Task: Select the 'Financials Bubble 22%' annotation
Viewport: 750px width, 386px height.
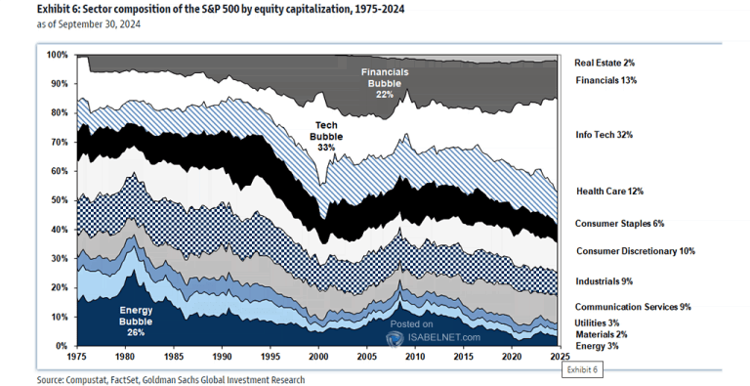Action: tap(385, 82)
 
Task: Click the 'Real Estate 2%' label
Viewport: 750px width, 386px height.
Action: tap(604, 62)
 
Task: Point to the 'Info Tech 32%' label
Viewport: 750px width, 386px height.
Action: tap(605, 136)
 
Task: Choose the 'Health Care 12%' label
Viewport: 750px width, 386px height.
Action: tap(608, 192)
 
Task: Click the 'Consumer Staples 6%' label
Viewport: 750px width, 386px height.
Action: tap(620, 223)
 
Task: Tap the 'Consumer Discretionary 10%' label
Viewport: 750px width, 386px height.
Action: tap(635, 251)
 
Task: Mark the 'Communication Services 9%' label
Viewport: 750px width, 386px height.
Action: tap(633, 307)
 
